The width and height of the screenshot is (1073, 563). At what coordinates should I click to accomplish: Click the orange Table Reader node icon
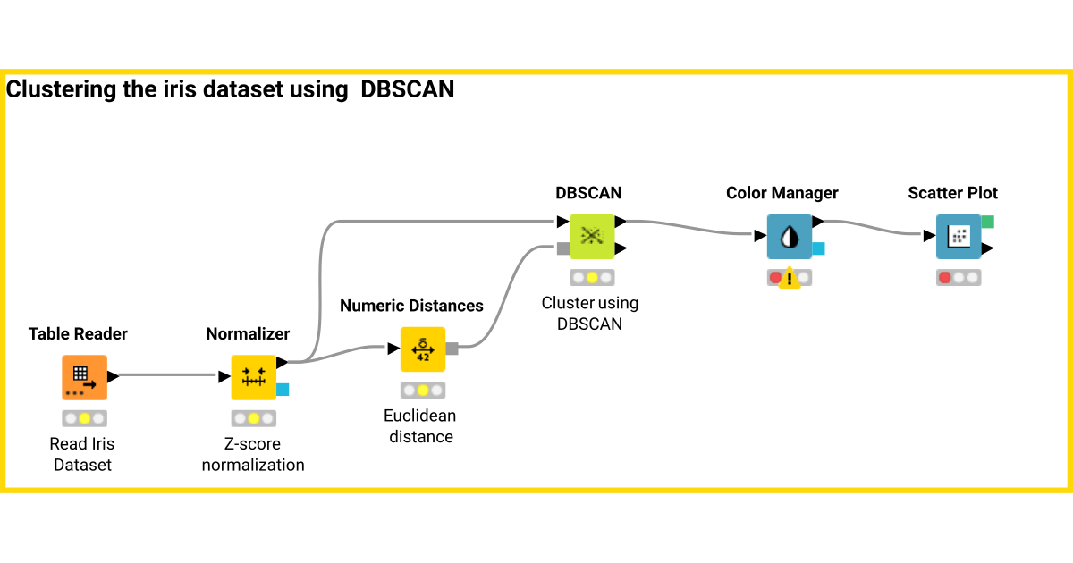pyautogui.click(x=84, y=377)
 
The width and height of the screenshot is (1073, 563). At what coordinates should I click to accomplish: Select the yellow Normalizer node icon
pyautogui.click(x=254, y=377)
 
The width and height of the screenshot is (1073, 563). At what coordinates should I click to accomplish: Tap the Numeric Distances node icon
pyautogui.click(x=422, y=349)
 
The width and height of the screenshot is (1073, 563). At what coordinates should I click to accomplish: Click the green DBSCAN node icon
pyautogui.click(x=591, y=236)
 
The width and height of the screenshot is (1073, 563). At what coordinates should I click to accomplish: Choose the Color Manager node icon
pyautogui.click(x=789, y=237)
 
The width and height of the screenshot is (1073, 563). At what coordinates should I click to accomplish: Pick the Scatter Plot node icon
pyautogui.click(x=958, y=237)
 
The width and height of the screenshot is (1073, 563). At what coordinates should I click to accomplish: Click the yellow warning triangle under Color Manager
pyautogui.click(x=789, y=280)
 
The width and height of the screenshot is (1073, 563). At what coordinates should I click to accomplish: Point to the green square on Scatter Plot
pyautogui.click(x=987, y=222)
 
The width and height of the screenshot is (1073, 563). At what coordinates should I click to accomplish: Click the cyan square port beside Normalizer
pyautogui.click(x=283, y=389)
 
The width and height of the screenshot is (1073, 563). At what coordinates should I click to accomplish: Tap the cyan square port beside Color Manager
pyautogui.click(x=818, y=248)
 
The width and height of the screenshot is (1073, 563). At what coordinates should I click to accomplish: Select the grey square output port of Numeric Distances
pyautogui.click(x=452, y=349)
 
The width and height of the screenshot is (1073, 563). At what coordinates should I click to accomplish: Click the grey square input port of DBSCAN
pyautogui.click(x=562, y=248)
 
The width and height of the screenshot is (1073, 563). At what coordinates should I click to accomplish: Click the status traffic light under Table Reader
pyautogui.click(x=84, y=418)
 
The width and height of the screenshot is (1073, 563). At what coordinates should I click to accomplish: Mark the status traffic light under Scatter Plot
pyautogui.click(x=959, y=277)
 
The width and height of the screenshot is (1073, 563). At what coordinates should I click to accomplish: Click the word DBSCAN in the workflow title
pyautogui.click(x=407, y=89)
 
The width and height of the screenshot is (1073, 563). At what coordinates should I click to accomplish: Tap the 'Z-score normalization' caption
pyautogui.click(x=253, y=454)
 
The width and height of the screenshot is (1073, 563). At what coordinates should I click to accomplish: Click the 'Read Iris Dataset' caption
pyautogui.click(x=83, y=454)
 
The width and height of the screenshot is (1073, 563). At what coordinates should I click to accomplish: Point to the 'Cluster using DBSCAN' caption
pyautogui.click(x=590, y=314)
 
